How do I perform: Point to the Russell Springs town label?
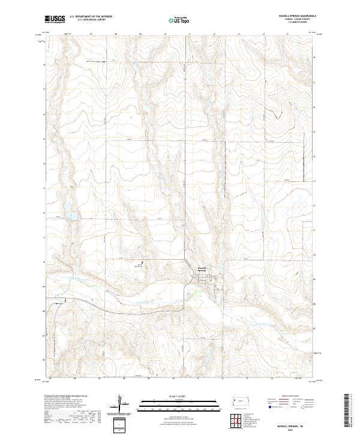pos(202,269)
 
